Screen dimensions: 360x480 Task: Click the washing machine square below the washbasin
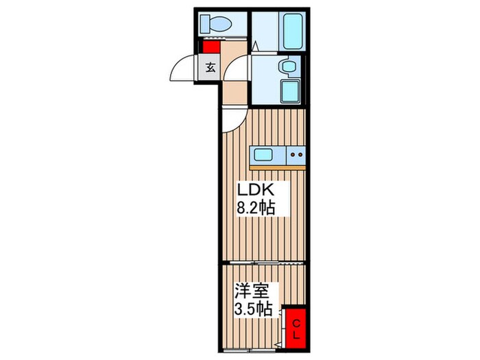(291, 91)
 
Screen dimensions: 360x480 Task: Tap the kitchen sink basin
(266, 155)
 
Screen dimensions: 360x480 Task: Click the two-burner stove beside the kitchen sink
(296, 155)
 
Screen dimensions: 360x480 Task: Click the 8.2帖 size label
(256, 208)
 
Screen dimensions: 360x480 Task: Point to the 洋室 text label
(250, 291)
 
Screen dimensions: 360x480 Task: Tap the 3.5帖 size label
(253, 309)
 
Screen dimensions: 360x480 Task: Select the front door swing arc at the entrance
(185, 69)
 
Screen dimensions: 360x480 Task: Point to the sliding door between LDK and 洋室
(261, 263)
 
